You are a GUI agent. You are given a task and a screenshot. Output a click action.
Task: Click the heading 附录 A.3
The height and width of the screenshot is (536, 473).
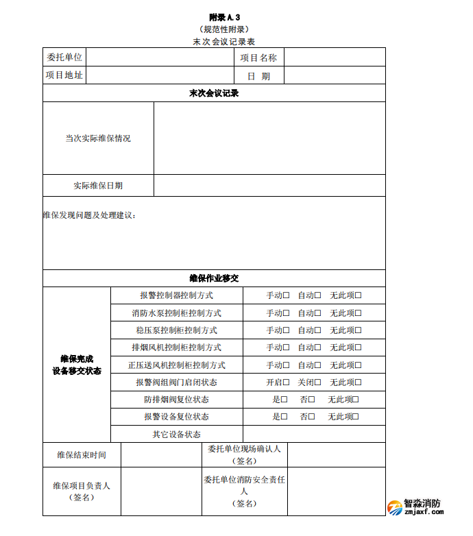coord(224,17)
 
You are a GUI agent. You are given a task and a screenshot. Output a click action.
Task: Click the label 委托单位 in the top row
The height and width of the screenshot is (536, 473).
coord(64,58)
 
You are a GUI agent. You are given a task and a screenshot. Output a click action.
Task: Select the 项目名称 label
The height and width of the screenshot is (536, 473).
coord(258,58)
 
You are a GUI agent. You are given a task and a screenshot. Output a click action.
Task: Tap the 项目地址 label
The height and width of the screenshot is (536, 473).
coord(64,75)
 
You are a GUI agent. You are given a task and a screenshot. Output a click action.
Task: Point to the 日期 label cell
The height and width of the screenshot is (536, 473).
coord(258,76)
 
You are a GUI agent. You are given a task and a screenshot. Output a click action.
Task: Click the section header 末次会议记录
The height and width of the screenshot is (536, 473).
coord(214,93)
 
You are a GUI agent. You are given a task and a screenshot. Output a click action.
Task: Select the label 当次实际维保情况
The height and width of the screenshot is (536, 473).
coord(98,138)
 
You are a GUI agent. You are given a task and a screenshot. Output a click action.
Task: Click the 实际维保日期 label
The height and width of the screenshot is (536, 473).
coord(98,186)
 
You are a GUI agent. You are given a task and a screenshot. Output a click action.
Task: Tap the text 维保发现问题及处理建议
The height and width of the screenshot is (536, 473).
coord(89,216)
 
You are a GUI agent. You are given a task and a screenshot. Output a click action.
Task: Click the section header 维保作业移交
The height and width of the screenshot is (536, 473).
coord(214,278)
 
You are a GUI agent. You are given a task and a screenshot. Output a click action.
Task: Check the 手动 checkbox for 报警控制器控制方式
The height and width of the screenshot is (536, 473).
coord(287,295)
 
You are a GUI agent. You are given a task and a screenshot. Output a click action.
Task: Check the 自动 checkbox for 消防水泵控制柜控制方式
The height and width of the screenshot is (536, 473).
coord(318,313)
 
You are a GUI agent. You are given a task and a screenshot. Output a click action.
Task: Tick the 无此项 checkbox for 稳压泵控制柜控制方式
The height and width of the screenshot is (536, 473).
coord(358,330)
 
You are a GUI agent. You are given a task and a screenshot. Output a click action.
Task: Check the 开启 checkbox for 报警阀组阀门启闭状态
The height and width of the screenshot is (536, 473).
coord(287,382)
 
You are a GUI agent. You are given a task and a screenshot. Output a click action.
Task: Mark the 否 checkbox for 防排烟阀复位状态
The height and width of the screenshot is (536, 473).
coord(312,400)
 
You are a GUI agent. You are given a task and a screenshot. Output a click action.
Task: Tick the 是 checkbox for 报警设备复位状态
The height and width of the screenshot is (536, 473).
coord(284,417)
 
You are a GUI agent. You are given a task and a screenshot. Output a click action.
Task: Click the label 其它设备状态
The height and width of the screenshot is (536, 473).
coord(176,434)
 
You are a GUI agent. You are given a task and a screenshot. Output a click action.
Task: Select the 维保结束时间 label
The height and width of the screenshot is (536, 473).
coord(82,454)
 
